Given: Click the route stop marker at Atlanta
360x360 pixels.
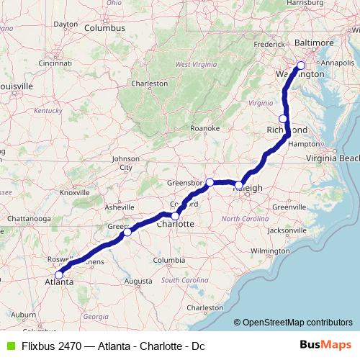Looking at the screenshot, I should point(59,274).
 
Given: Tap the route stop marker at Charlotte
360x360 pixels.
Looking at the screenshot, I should point(175,215).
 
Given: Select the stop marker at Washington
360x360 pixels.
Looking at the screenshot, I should point(301,66).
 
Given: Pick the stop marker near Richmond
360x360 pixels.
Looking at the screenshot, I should point(284,119).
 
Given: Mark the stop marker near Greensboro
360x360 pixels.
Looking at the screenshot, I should point(210,182).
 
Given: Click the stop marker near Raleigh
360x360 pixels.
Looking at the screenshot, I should point(240,186).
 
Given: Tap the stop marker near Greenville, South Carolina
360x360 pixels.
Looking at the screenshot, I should point(127,232).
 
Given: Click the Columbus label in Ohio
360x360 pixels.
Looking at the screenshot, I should point(104,28).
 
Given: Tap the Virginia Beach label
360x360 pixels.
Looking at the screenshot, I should point(332,158).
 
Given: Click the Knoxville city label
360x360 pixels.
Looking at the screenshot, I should point(74,192).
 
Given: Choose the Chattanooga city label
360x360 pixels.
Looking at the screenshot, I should point(30,217).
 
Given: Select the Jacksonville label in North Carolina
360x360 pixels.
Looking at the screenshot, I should point(286,230).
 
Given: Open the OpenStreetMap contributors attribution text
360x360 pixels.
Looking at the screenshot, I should point(297,323).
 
